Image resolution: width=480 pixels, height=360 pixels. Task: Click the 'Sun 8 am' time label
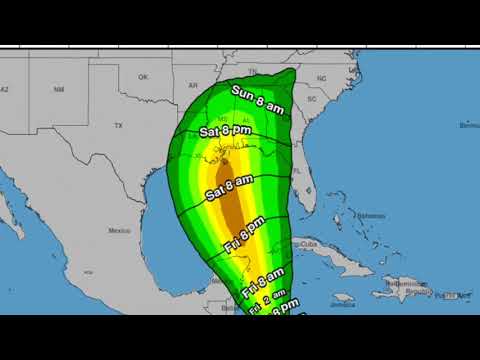click(x=259, y=101)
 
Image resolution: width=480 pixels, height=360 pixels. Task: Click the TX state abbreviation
click(x=119, y=126)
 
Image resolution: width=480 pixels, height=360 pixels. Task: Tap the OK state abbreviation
click(x=143, y=77)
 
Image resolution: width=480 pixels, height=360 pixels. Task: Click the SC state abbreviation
click(x=311, y=99)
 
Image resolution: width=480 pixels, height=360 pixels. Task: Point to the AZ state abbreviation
click(x=5, y=88)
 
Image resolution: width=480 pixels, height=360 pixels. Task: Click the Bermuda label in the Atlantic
click(x=468, y=126)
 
